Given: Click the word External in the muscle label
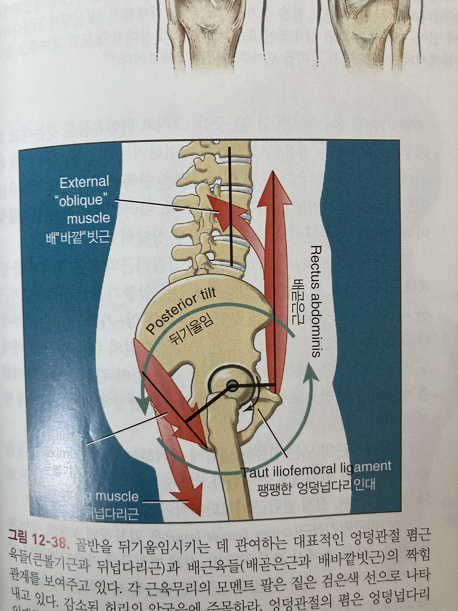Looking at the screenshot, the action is tap(84, 182).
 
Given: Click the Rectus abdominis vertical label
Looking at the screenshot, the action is tap(315, 301).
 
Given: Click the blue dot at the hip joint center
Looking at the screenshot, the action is tap(233, 385).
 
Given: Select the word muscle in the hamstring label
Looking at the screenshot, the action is tap(117, 496).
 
